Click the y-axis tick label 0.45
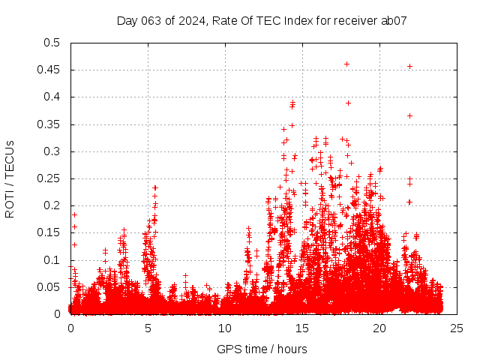pyautogui.click(x=50, y=70)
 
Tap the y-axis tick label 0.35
pyautogui.click(x=50, y=124)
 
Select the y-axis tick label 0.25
pyautogui.click(x=50, y=178)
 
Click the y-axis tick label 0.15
pyautogui.click(x=50, y=233)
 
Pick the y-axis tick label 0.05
pyautogui.click(x=50, y=287)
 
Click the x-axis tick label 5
pyautogui.click(x=148, y=328)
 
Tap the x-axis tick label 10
pyautogui.click(x=225, y=328)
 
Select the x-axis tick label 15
pyautogui.click(x=302, y=328)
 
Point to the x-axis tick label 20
pyautogui.click(x=379, y=328)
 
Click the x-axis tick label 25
pyautogui.click(x=457, y=328)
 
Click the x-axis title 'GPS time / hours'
pyautogui.click(x=262, y=349)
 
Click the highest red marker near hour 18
pyautogui.click(x=346, y=64)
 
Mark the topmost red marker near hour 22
pyautogui.click(x=409, y=66)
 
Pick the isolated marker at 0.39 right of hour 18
pyautogui.click(x=349, y=103)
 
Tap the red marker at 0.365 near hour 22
pyautogui.click(x=409, y=115)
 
